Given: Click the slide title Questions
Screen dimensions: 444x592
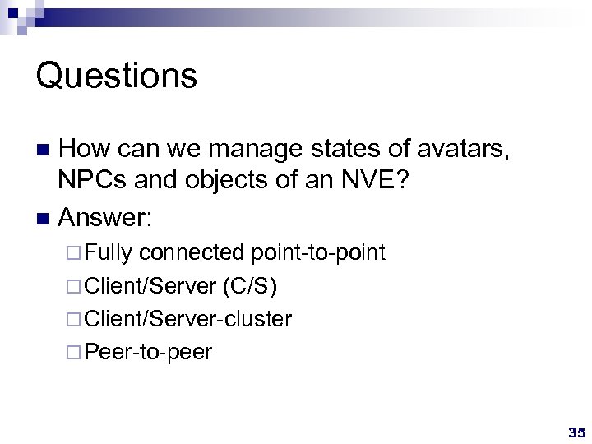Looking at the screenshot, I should point(117,76).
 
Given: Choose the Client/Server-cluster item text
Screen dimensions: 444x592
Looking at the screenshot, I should point(187,319).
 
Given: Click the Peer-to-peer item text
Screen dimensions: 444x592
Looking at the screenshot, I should point(148,353).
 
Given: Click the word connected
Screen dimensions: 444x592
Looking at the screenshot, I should point(191,252).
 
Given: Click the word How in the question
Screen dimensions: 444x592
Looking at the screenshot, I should point(86,150).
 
